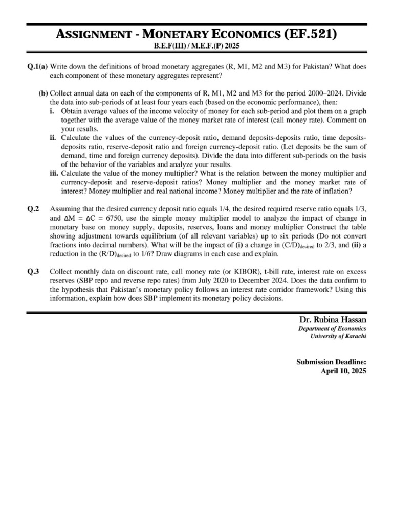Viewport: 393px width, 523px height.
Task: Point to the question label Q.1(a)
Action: [37, 67]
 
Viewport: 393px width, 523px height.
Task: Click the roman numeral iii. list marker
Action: [54, 173]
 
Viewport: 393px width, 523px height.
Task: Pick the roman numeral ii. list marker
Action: [53, 138]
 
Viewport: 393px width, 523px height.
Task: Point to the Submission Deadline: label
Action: [331, 362]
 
